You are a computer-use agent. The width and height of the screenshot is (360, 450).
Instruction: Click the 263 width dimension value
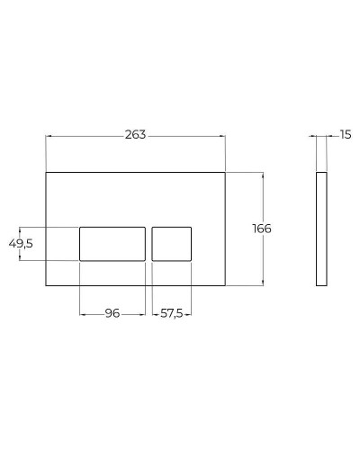(136, 134)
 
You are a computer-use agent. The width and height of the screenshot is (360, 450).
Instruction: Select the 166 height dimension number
(262, 229)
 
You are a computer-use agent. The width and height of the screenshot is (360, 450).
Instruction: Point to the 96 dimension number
(112, 313)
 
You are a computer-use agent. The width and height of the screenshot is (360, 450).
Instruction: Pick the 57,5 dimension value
(172, 313)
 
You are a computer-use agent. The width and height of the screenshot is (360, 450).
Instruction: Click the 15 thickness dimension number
(346, 135)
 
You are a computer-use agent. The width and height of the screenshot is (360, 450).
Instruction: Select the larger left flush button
(112, 244)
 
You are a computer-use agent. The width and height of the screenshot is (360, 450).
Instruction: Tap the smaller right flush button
(172, 244)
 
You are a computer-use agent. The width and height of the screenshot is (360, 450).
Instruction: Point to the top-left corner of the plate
(46, 171)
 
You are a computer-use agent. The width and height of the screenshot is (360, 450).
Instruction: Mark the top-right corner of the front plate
(226, 171)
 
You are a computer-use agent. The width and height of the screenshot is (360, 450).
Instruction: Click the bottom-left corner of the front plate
(46, 286)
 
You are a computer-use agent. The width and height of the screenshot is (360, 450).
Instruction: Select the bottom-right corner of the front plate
(226, 286)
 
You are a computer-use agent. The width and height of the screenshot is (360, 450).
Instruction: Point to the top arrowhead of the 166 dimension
(263, 173)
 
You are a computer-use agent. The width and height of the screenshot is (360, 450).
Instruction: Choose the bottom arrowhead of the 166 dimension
(263, 284)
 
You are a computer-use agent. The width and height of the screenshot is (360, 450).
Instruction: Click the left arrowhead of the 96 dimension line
(82, 313)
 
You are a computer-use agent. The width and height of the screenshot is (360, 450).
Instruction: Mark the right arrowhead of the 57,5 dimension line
(190, 313)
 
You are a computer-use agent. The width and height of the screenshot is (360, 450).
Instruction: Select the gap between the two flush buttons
(148, 244)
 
